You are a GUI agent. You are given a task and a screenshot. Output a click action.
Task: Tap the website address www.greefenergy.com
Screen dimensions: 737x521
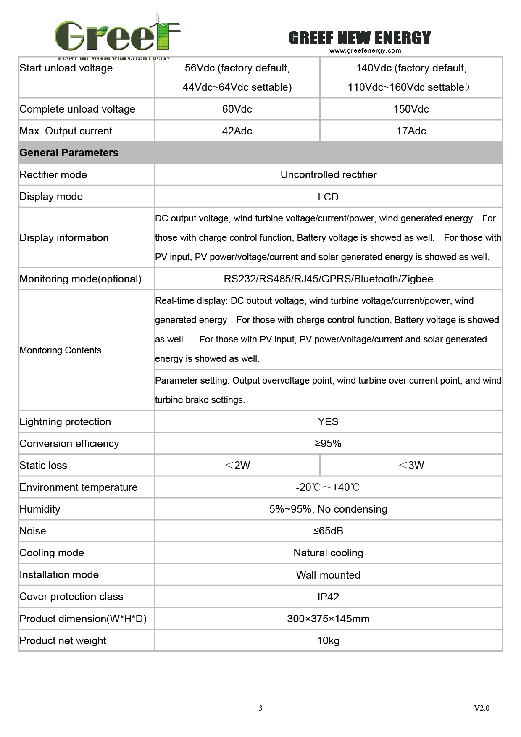365,51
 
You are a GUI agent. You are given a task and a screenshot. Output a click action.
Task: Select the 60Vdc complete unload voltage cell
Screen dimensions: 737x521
237,109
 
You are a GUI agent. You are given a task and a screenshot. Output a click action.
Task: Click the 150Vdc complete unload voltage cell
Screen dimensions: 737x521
411,109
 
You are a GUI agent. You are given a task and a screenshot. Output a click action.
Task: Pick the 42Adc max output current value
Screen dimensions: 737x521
237,131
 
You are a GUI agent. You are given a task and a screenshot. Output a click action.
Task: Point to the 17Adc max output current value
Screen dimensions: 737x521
411,131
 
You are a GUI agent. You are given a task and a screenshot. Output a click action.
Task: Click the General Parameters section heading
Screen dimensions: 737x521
69,153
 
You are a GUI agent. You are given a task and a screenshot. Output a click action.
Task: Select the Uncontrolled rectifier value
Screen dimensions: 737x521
328,175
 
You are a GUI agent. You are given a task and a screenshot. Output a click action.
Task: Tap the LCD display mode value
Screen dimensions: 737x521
328,197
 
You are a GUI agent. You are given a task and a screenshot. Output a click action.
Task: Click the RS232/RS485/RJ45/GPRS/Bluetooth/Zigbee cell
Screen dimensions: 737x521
328,279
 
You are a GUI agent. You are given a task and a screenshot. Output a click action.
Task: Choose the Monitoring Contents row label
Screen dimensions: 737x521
61,350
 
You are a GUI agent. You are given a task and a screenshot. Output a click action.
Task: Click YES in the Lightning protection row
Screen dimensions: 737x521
328,422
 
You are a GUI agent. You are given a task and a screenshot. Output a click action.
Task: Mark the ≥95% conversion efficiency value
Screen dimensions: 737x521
328,444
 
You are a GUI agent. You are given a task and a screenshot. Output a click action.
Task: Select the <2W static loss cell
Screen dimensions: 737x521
237,466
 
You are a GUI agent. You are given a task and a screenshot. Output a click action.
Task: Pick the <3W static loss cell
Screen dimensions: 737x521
411,466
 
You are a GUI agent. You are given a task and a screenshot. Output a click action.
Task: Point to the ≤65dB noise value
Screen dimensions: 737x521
328,531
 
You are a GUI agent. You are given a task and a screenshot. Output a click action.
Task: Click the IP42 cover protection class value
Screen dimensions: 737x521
328,597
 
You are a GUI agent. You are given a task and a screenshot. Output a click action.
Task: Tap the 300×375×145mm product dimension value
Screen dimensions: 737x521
328,619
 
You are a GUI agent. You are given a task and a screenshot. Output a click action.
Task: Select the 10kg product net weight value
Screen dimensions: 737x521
328,641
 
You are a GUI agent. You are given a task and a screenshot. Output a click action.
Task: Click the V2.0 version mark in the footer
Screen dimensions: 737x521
482,708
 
